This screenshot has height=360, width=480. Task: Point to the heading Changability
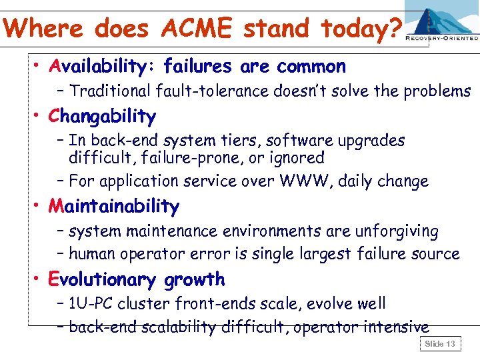click(102, 117)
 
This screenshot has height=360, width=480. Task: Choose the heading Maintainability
click(114, 207)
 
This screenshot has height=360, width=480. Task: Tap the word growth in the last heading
click(196, 279)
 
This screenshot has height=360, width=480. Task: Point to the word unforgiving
click(397, 231)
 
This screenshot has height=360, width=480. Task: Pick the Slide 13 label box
click(440, 344)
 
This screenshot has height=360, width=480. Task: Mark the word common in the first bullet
click(311, 67)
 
